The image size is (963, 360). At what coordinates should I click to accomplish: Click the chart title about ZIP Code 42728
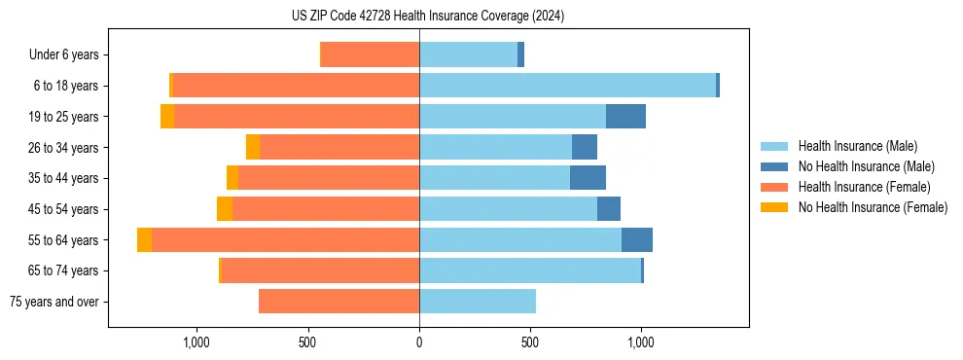tap(427, 16)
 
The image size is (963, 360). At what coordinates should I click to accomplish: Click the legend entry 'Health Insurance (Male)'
tap(857, 146)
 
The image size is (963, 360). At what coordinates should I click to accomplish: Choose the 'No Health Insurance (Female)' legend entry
tap(873, 207)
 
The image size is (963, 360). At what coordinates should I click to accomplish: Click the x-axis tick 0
tap(419, 342)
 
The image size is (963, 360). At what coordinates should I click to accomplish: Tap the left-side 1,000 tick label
tap(196, 342)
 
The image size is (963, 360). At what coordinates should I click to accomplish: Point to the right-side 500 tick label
tap(530, 342)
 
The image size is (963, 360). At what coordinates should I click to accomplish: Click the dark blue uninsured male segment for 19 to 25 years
tap(625, 117)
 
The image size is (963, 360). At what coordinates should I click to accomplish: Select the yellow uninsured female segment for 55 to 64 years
tap(144, 240)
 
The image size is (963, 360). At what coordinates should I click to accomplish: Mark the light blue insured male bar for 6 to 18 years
tap(567, 86)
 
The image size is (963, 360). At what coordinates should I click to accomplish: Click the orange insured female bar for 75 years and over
tap(339, 302)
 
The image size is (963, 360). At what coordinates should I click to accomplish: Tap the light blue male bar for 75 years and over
tap(478, 302)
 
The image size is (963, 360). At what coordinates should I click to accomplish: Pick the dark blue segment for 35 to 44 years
tap(588, 178)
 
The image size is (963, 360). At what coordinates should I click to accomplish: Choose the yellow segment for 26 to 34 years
tap(253, 147)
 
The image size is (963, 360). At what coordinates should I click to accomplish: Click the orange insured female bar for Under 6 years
tap(370, 55)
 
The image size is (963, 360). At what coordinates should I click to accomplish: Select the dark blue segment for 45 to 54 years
tap(609, 209)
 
